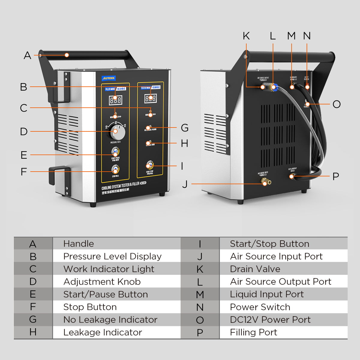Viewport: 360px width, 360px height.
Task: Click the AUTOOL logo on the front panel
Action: pos(109,78)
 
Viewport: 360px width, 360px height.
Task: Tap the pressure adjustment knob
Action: pos(115,131)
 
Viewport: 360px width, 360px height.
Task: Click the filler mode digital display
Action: pos(115,100)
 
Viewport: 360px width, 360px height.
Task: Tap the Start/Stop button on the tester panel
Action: pos(149,166)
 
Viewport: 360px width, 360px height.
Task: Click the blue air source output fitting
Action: pos(274,87)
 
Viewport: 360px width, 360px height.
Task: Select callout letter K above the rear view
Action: pos(246,36)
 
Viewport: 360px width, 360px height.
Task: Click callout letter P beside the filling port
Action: pos(336,176)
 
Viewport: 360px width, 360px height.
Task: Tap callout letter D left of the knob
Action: pos(24,131)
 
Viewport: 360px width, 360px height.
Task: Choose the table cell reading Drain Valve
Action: pos(255,269)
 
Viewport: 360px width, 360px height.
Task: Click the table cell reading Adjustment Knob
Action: pos(102,282)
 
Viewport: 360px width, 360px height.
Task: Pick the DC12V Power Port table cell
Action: pos(270,319)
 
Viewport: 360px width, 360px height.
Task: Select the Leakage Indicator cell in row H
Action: pos(103,332)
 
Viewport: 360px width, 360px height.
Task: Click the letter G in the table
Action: pos(33,319)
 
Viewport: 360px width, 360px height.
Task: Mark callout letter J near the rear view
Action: pos(185,184)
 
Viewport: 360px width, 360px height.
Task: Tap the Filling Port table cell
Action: pos(253,332)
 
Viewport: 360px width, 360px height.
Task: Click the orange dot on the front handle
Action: pos(67,55)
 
